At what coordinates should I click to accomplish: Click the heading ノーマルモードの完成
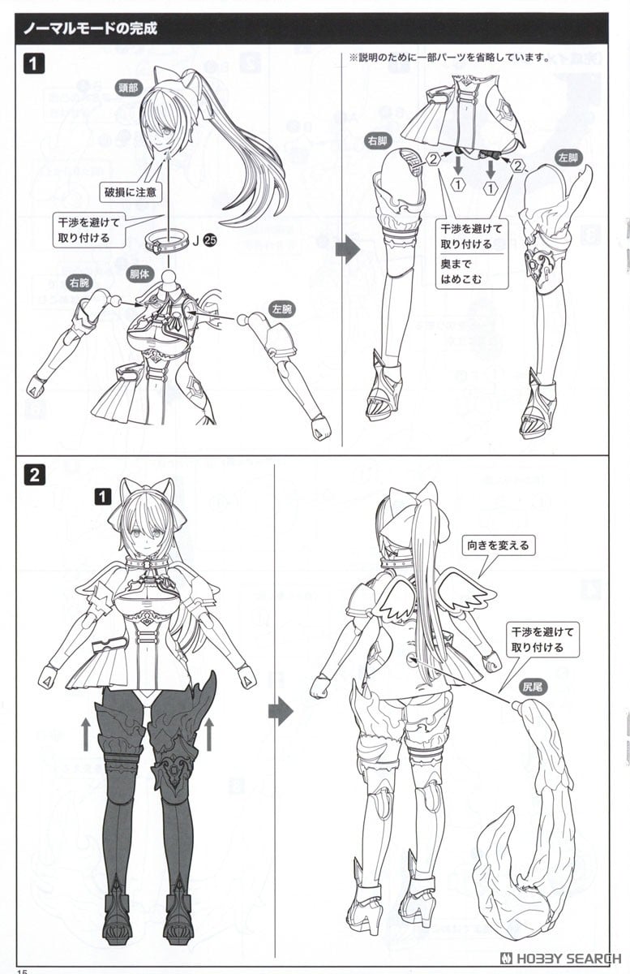tap(90, 28)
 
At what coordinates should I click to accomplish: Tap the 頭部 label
tap(129, 88)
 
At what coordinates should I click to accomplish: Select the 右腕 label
tap(79, 283)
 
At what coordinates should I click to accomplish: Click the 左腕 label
tap(282, 309)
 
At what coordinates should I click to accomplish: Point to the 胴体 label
tap(139, 274)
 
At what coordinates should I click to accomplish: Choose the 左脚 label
tap(568, 157)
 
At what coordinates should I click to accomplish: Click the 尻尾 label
tap(534, 687)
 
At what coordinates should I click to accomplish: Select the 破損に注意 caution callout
tap(131, 192)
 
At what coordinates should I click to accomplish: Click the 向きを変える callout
tap(498, 545)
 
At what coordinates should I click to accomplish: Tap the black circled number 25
tap(210, 240)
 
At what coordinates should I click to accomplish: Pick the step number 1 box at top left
tap(34, 64)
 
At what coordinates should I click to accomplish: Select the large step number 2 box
tap(34, 476)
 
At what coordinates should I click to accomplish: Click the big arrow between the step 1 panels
tap(348, 251)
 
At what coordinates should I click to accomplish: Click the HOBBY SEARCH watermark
tap(561, 959)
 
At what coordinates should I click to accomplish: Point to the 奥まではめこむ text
tap(461, 271)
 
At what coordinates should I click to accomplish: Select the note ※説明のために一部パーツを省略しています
tap(450, 58)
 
